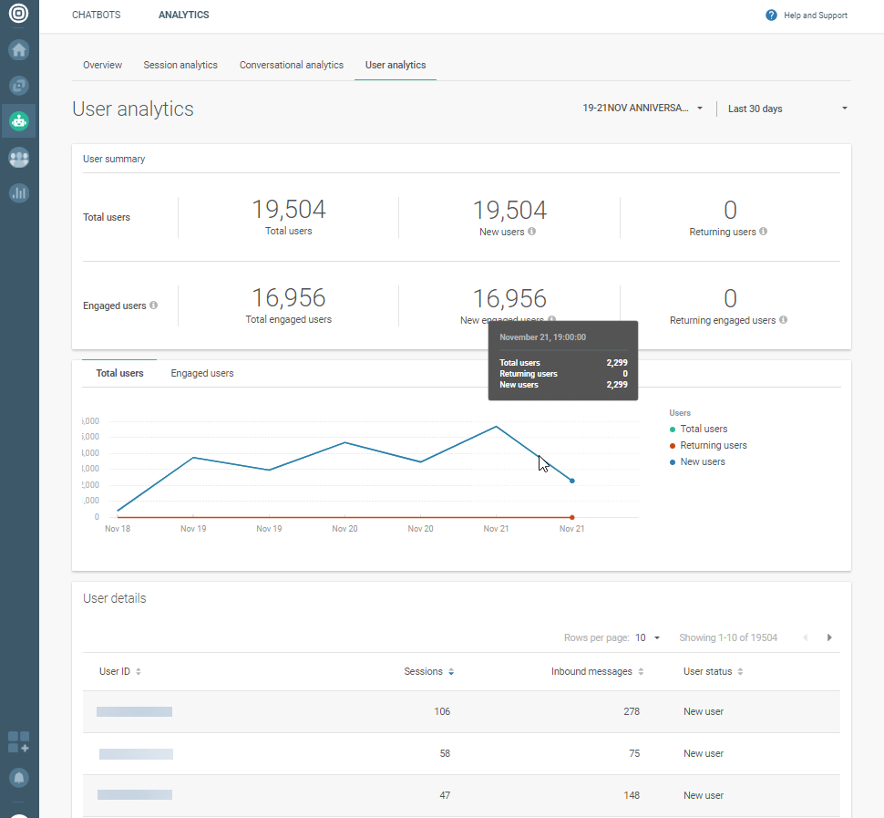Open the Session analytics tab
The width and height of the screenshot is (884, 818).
[180, 65]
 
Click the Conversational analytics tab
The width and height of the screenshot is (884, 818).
[292, 65]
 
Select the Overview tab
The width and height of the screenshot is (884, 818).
[102, 65]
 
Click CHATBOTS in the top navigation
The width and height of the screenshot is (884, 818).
[96, 15]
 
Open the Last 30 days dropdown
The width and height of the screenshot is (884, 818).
[787, 109]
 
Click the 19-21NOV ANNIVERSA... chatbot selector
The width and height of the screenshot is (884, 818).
[642, 108]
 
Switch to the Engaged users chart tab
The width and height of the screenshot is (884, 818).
[202, 373]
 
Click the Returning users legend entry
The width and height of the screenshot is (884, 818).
[713, 445]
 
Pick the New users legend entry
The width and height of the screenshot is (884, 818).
[702, 461]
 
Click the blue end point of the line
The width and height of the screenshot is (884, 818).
[571, 481]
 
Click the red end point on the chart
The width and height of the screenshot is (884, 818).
[571, 517]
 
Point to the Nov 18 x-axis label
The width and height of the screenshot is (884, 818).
[118, 529]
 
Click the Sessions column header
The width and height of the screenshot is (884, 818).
[424, 671]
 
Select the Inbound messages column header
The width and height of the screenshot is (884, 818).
[591, 671]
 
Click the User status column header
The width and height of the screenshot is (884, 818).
[707, 671]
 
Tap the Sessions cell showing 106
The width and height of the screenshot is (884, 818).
[442, 711]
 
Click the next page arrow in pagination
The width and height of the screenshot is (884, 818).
[829, 637]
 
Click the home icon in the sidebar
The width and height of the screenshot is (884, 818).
[19, 49]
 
